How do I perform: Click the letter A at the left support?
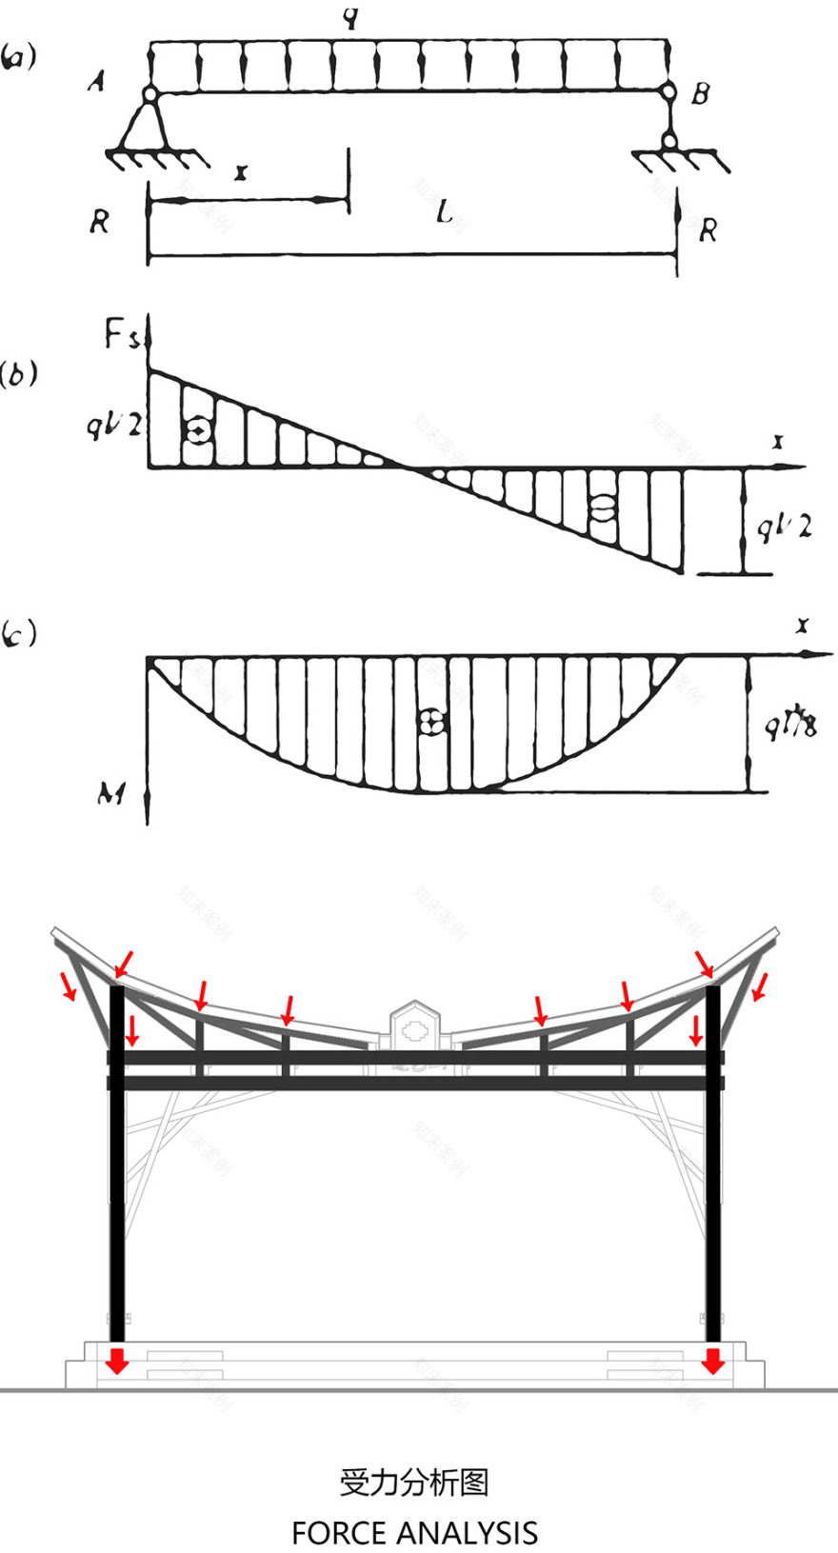click(96, 82)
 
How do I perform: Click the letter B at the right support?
click(701, 93)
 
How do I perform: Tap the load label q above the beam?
click(352, 16)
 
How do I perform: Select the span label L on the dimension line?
click(444, 211)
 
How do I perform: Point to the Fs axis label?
click(121, 334)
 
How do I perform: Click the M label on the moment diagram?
click(111, 792)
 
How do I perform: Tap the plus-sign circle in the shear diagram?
click(197, 430)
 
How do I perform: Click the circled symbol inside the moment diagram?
click(431, 721)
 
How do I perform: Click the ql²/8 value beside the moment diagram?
click(790, 726)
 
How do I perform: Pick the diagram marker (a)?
click(18, 56)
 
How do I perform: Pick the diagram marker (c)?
click(18, 633)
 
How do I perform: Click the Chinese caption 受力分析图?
click(414, 1482)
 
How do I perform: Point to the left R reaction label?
click(99, 222)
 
